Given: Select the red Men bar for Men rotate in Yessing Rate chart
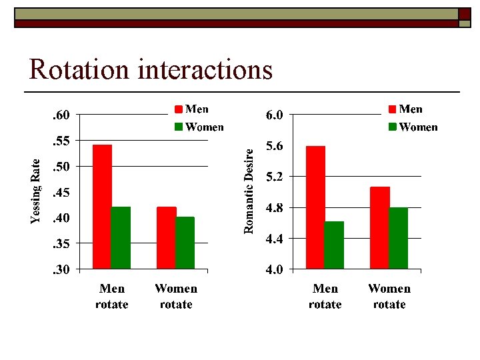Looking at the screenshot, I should tap(102, 207).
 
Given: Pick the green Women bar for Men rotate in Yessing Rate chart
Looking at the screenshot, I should tap(121, 238).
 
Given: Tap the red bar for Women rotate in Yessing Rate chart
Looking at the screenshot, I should tap(166, 238).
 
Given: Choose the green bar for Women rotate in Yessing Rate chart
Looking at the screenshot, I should tap(185, 243).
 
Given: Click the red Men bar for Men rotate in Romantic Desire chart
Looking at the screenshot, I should tap(315, 207).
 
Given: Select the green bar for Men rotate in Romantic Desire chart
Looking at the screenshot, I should tap(334, 245).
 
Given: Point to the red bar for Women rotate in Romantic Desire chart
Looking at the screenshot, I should tap(379, 228).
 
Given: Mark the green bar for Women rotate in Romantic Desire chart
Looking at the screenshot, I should tap(398, 238).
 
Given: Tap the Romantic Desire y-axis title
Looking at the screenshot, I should tap(249, 190).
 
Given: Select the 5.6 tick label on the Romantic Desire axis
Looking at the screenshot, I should tap(275, 146).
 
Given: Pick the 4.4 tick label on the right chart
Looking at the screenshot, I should tap(275, 239).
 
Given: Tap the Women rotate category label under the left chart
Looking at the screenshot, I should tap(176, 297).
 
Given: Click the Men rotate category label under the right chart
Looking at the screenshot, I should tap(325, 297).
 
